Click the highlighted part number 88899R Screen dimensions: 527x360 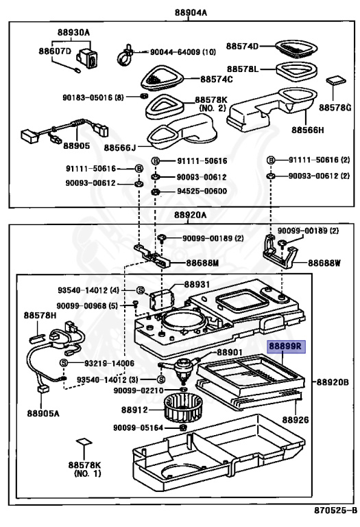click(x=284, y=349)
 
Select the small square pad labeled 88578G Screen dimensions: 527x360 click(x=335, y=80)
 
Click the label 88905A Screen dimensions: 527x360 click(x=43, y=414)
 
